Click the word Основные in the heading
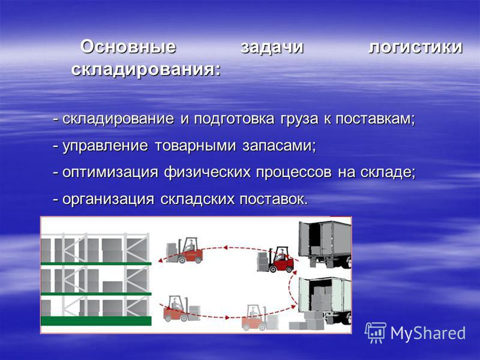point(128,47)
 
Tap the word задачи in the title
point(272,47)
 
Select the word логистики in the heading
point(415,47)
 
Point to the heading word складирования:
point(146,70)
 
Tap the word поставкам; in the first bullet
point(376,119)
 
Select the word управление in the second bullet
point(105,146)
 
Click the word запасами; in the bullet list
point(279,146)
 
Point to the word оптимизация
point(110,173)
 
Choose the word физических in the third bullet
point(207,173)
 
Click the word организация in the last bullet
point(108,200)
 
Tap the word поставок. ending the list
point(274,200)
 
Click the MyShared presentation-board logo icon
point(376,333)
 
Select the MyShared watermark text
point(428,333)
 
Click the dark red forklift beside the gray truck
point(275,259)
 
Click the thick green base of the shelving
point(96,321)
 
